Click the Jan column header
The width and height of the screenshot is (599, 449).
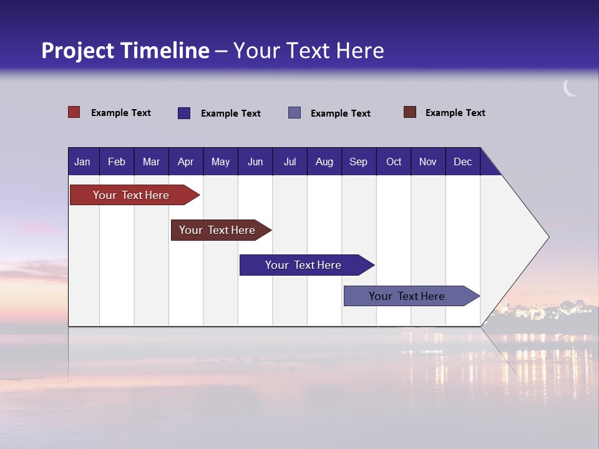pos(82,162)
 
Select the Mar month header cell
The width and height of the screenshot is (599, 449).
pos(151,162)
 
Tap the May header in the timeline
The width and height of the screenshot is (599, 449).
pos(220,162)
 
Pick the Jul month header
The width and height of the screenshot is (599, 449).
pos(290,162)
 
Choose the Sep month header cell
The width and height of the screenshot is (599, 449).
pos(358,162)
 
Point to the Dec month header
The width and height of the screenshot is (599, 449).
pos(462,162)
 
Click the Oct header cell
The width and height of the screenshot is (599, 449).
pos(394,162)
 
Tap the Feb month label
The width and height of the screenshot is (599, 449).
pos(117,162)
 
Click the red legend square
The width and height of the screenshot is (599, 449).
pos(74,112)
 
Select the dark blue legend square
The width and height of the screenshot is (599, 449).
pos(184,113)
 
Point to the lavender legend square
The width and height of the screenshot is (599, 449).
pos(295,113)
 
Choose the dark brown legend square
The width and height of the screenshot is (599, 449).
pos(410,112)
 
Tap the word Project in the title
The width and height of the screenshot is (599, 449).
pos(77,51)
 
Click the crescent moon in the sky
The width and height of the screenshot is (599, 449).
pos(570,88)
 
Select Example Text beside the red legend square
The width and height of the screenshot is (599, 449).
pos(121,113)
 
